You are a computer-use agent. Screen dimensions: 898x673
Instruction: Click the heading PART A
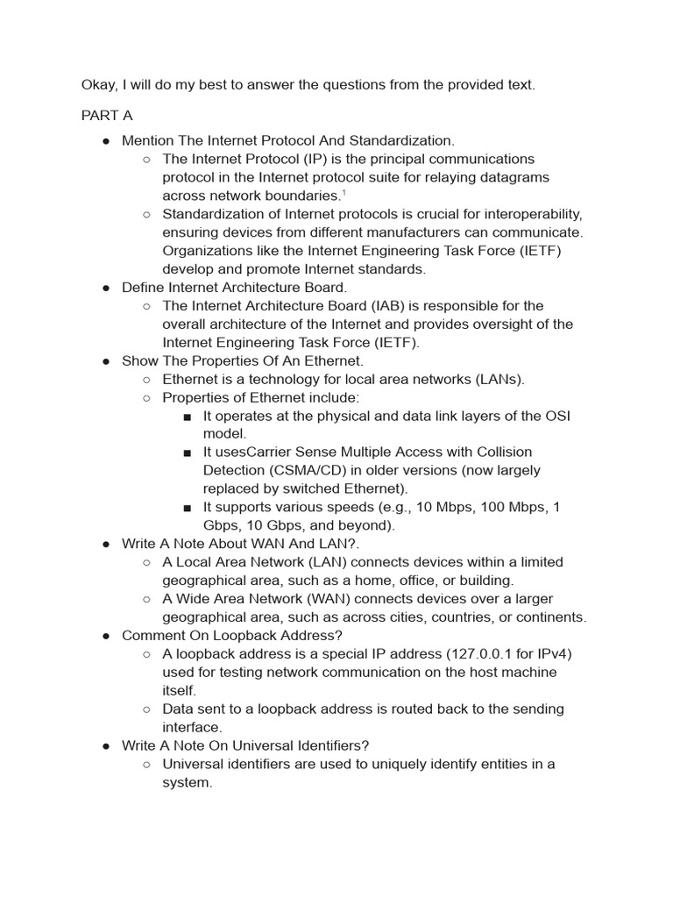(107, 116)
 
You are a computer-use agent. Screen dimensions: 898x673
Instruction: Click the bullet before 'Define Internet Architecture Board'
(105, 288)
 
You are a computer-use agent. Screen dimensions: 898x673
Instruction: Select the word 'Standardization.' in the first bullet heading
(403, 140)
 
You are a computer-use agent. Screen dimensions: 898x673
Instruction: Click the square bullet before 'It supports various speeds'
(188, 508)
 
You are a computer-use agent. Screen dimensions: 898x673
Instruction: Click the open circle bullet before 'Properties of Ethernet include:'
(146, 398)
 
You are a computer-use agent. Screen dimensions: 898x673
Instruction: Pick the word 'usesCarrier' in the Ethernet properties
(251, 452)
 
